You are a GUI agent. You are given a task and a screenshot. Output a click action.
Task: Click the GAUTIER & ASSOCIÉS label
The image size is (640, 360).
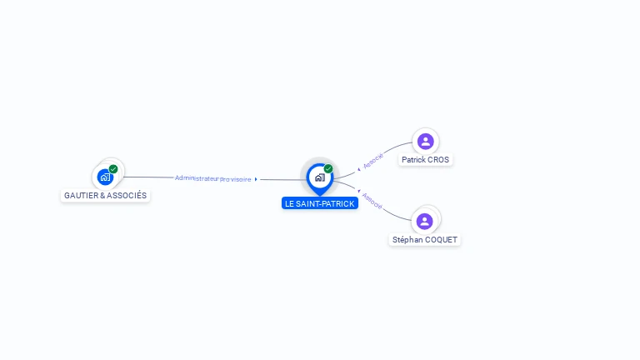(105, 196)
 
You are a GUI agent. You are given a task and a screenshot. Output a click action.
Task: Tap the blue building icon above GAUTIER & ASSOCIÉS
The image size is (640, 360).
(105, 177)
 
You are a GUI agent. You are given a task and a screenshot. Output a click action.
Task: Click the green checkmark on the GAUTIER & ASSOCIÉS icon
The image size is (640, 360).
(113, 169)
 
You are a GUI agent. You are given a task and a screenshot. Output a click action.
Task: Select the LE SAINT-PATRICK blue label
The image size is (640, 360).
(320, 203)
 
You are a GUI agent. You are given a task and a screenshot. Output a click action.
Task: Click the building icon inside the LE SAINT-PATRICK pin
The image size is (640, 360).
(320, 177)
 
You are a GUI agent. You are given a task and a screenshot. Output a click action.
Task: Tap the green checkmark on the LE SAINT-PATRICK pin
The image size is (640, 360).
(328, 168)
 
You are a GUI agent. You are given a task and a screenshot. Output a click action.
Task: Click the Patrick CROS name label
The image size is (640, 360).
(425, 160)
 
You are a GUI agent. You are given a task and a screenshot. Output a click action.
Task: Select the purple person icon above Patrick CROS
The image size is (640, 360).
(425, 142)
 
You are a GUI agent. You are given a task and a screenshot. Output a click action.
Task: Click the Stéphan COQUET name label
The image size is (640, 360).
(424, 240)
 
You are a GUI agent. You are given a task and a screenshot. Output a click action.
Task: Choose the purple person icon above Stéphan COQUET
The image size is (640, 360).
(424, 221)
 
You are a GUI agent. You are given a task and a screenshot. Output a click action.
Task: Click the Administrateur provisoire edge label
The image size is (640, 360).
(212, 179)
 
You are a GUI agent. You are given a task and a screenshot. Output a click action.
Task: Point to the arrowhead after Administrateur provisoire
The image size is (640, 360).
(256, 179)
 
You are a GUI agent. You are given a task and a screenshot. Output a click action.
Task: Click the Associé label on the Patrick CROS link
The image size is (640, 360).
(373, 161)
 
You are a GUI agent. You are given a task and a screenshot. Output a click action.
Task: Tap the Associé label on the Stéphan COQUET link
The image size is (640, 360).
(372, 201)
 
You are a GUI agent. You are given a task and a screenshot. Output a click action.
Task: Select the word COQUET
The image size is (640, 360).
(440, 240)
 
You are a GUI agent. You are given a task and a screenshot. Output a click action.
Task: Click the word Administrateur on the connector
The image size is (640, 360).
(197, 178)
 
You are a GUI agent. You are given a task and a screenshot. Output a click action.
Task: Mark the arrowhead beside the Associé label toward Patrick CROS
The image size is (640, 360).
(359, 169)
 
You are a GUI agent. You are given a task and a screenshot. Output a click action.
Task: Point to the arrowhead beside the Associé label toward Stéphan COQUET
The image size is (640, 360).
(359, 191)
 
